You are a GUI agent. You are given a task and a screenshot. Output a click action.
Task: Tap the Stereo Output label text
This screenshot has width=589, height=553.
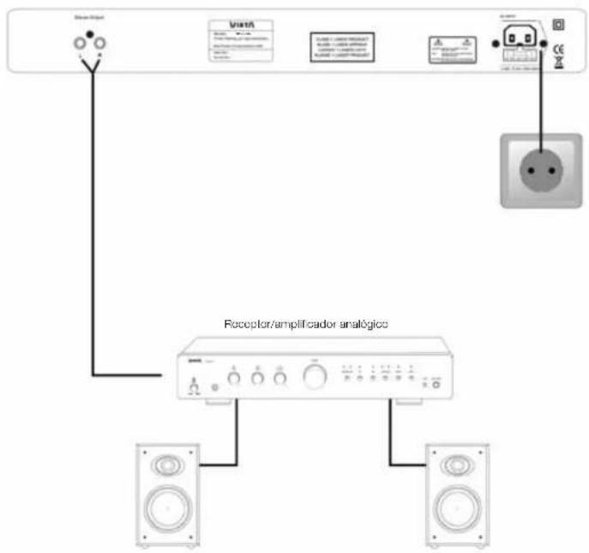(82, 17)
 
